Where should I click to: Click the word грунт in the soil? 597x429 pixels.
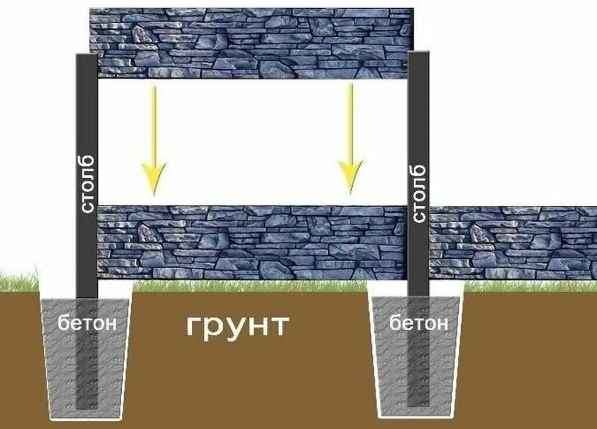(x=238, y=326)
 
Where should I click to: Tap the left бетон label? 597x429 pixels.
(x=87, y=323)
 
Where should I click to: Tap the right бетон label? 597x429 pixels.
(x=419, y=323)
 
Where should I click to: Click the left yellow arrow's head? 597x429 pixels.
(x=153, y=178)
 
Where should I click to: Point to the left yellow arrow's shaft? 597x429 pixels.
(x=154, y=122)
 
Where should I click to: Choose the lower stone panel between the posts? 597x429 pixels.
(x=251, y=242)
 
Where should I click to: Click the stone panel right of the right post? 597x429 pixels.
(x=513, y=242)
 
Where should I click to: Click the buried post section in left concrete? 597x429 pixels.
(x=87, y=373)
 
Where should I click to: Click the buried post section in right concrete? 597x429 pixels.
(x=417, y=373)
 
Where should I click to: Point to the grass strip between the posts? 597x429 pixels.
(x=251, y=286)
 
